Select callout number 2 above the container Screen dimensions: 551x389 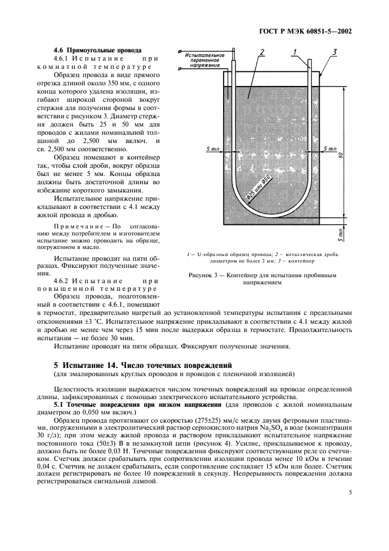260,53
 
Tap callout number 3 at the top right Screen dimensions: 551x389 334,53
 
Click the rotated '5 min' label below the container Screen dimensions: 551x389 341,234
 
